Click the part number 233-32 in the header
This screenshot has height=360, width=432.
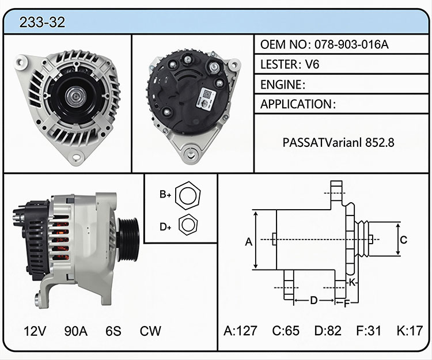pyautogui.click(x=42, y=22)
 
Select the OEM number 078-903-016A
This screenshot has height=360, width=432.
pyautogui.click(x=351, y=44)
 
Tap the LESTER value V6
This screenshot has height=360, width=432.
pyautogui.click(x=312, y=65)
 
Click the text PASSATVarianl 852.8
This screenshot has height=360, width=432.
pyautogui.click(x=338, y=142)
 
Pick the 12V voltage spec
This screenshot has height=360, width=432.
pyautogui.click(x=35, y=331)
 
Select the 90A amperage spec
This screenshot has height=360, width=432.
pyautogui.click(x=76, y=331)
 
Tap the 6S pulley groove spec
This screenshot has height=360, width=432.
pyautogui.click(x=113, y=331)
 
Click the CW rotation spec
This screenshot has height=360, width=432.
pyautogui.click(x=150, y=331)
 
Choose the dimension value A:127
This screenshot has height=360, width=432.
pyautogui.click(x=240, y=331)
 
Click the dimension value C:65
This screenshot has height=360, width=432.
pyautogui.click(x=286, y=331)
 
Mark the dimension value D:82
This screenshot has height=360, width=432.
pyautogui.click(x=328, y=331)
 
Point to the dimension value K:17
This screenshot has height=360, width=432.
pyautogui.click(x=410, y=331)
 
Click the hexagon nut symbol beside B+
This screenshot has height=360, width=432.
pyautogui.click(x=188, y=196)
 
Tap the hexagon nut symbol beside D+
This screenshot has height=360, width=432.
pyautogui.click(x=188, y=225)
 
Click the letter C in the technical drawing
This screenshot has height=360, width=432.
pyautogui.click(x=404, y=240)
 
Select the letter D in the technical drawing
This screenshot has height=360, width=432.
pyautogui.click(x=314, y=300)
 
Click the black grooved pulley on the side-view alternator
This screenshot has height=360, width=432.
pyautogui.click(x=127, y=239)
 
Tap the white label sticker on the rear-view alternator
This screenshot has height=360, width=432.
pyautogui.click(x=206, y=99)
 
